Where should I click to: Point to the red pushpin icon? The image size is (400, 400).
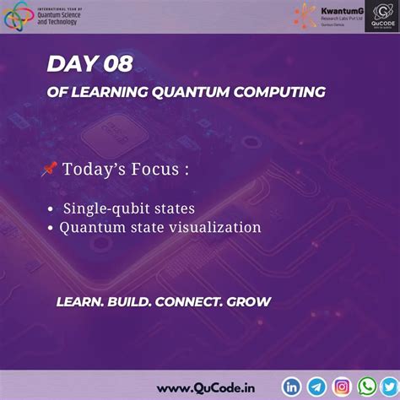pos(48,170)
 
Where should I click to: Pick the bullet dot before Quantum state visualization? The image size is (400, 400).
pos(51,228)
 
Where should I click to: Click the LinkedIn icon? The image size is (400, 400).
pos(292,386)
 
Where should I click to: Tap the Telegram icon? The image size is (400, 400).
pos(316,386)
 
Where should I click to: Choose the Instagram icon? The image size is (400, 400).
pos(342,386)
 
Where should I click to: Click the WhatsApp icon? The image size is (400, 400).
pos(366,386)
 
